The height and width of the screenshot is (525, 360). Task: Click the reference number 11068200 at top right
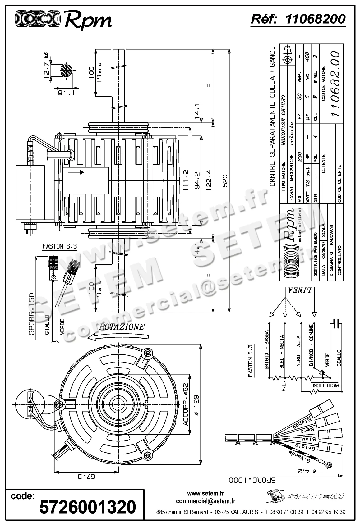point(315,19)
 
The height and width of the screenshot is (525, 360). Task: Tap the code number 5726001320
point(88,507)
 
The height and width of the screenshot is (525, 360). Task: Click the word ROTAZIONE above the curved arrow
point(122,327)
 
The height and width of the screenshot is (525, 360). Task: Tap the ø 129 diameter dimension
point(197,405)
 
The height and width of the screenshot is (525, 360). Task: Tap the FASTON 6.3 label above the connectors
point(59,247)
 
